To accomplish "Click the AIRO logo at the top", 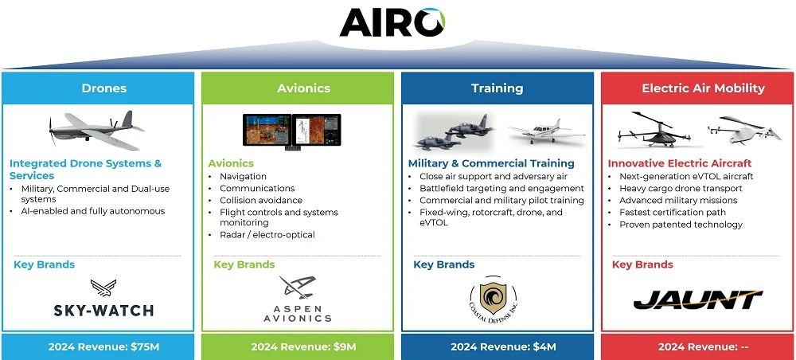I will pos(392,22).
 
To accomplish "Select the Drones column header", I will pos(103,88).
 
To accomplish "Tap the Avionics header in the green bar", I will pos(303,88).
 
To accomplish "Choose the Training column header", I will pos(497,88).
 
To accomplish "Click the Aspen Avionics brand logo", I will pos(298,299).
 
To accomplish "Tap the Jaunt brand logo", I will pos(698,299).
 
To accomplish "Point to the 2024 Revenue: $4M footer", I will pos(497,346).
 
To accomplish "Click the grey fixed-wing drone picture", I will pos(96,131).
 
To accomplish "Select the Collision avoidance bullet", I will pos(260,201).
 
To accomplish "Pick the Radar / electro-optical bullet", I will pos(267,235).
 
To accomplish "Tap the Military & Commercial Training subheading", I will pos(491,163).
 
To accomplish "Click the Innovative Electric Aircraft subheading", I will pos(680,163).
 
